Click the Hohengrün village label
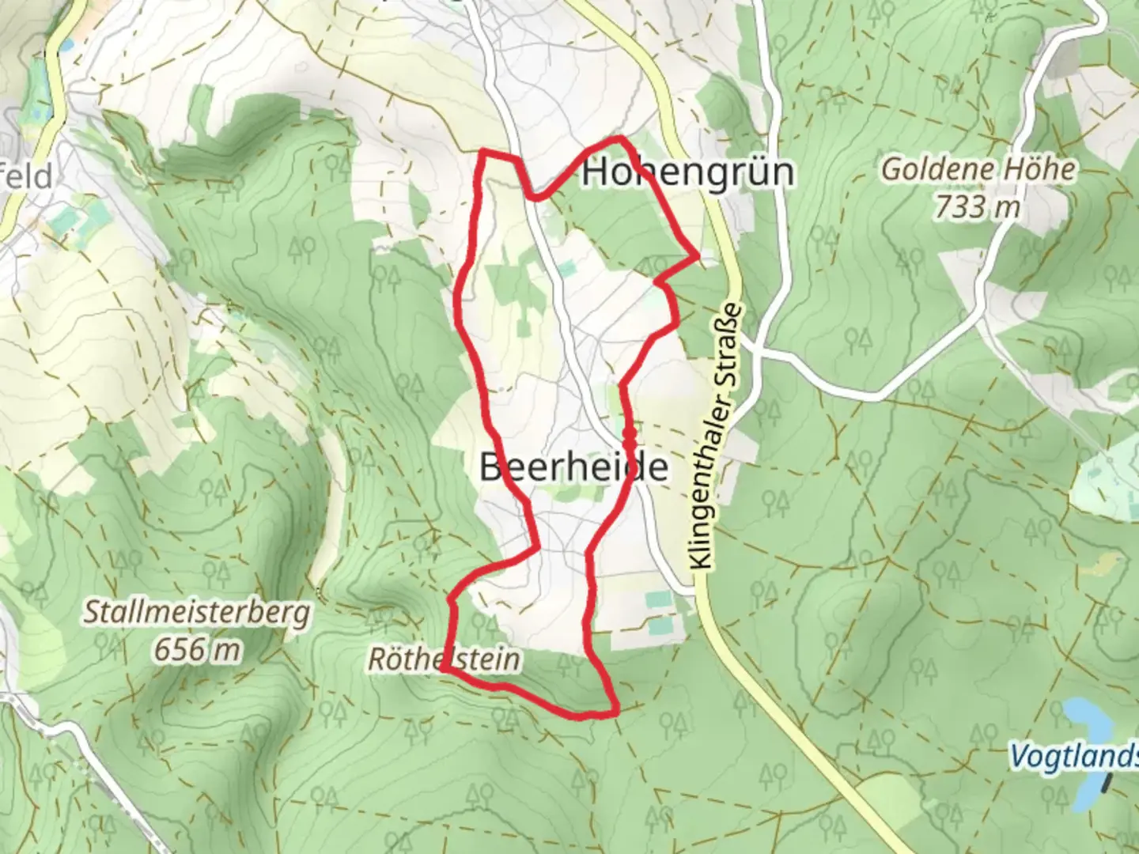688,172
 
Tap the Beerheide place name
573,467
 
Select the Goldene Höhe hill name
978,169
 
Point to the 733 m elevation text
977,207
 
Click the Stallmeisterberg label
198,613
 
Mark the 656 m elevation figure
198,650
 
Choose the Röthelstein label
444,659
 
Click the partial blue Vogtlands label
1074,756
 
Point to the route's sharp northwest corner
484,151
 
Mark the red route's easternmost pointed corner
697,255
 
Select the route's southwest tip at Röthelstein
441,669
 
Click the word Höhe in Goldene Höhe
1036,169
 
